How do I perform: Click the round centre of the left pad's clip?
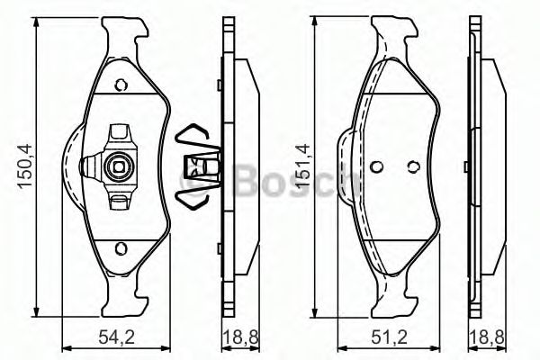115,165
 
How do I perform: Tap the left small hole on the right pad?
377,166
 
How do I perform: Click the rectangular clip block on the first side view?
203,166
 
